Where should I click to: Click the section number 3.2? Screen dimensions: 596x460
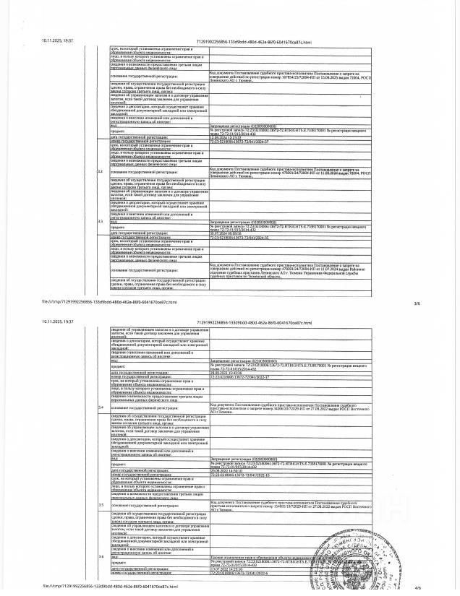point(101,171)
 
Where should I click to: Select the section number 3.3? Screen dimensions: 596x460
point(101,221)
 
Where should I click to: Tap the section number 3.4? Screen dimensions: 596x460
point(101,409)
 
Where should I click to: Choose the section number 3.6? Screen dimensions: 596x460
point(101,557)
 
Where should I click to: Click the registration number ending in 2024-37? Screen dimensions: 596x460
point(239,142)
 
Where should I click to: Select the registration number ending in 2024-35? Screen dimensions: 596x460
point(239,238)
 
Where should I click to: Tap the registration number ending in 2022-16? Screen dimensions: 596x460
point(239,474)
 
